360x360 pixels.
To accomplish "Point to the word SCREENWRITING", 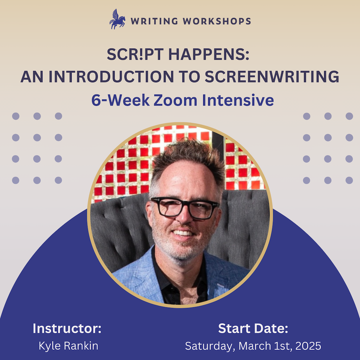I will tap(272, 77).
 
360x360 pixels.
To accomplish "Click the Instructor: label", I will tap(67, 329).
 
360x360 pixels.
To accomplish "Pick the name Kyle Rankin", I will tap(68, 346).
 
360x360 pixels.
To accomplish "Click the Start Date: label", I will tap(253, 329).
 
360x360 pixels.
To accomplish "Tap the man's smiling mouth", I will tap(183, 233).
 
